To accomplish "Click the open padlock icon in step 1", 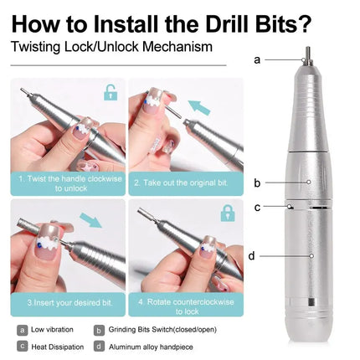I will point(110,92).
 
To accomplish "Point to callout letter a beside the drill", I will point(257,59).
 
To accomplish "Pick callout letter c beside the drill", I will point(258,206).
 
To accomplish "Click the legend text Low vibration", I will point(52,331).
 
